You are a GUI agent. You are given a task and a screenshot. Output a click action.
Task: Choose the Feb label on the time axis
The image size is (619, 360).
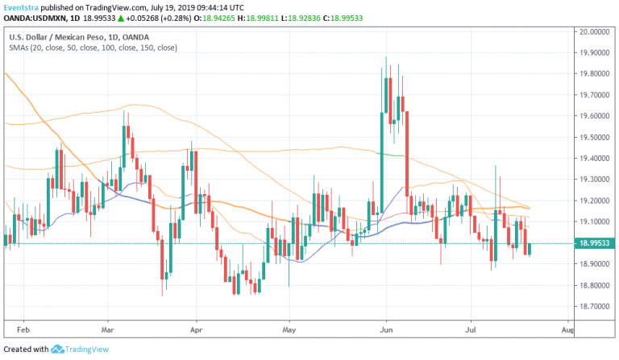coord(23,329)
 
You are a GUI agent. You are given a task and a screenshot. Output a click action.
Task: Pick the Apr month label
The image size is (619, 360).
coord(196,329)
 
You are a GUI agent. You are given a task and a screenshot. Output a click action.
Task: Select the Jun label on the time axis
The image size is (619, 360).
coord(386,329)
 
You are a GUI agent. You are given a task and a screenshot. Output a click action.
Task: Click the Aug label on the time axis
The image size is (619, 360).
coord(567,329)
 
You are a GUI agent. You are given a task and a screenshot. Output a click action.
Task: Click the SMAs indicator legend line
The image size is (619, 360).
coord(93,48)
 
